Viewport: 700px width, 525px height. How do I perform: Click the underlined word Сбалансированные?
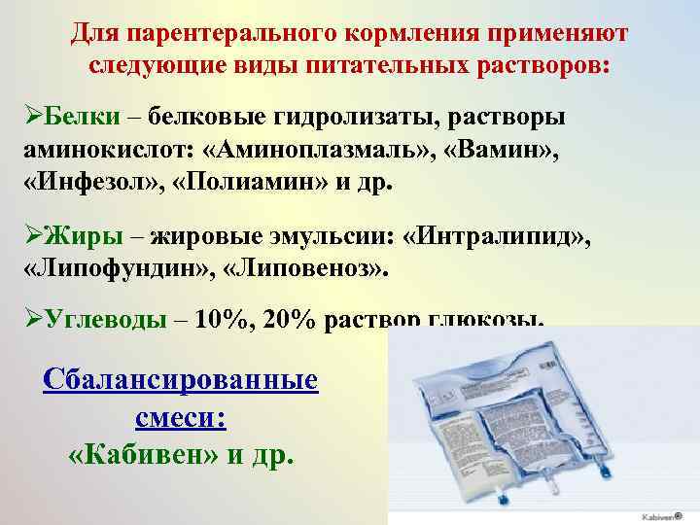tap(182, 377)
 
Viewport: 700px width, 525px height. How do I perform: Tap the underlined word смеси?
tap(181, 415)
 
